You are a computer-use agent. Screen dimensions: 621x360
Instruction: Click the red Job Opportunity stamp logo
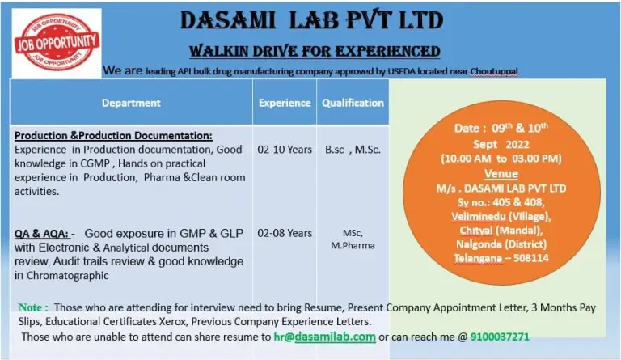click(x=57, y=42)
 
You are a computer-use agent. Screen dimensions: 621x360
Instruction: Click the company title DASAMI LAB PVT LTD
click(x=311, y=20)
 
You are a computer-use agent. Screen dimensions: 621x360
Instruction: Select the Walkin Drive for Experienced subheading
click(x=315, y=52)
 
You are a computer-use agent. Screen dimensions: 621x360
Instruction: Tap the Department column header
click(x=131, y=103)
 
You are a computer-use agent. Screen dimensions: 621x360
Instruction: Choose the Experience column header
click(x=285, y=103)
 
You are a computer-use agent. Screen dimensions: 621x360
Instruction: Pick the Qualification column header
click(x=353, y=103)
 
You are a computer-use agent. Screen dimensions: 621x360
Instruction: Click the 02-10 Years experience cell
click(x=285, y=150)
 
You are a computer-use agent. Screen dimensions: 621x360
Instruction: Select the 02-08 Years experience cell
click(x=285, y=233)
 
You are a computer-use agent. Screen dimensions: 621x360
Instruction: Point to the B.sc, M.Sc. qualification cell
click(x=353, y=150)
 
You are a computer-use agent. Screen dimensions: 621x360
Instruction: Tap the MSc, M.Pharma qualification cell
click(x=353, y=239)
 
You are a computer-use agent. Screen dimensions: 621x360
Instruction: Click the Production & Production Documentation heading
click(x=113, y=136)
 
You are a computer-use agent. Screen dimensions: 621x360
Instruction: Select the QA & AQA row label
click(x=41, y=234)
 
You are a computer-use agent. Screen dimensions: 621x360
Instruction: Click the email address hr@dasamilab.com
click(x=325, y=337)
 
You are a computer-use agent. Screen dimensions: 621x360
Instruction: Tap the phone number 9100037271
click(x=500, y=337)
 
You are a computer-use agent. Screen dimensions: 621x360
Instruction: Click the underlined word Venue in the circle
click(x=501, y=174)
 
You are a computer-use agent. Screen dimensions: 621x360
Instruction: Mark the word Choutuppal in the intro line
click(x=494, y=72)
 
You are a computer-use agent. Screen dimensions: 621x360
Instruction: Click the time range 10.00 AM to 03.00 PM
click(x=501, y=159)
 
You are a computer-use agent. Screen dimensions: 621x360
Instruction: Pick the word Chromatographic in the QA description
click(x=67, y=276)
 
